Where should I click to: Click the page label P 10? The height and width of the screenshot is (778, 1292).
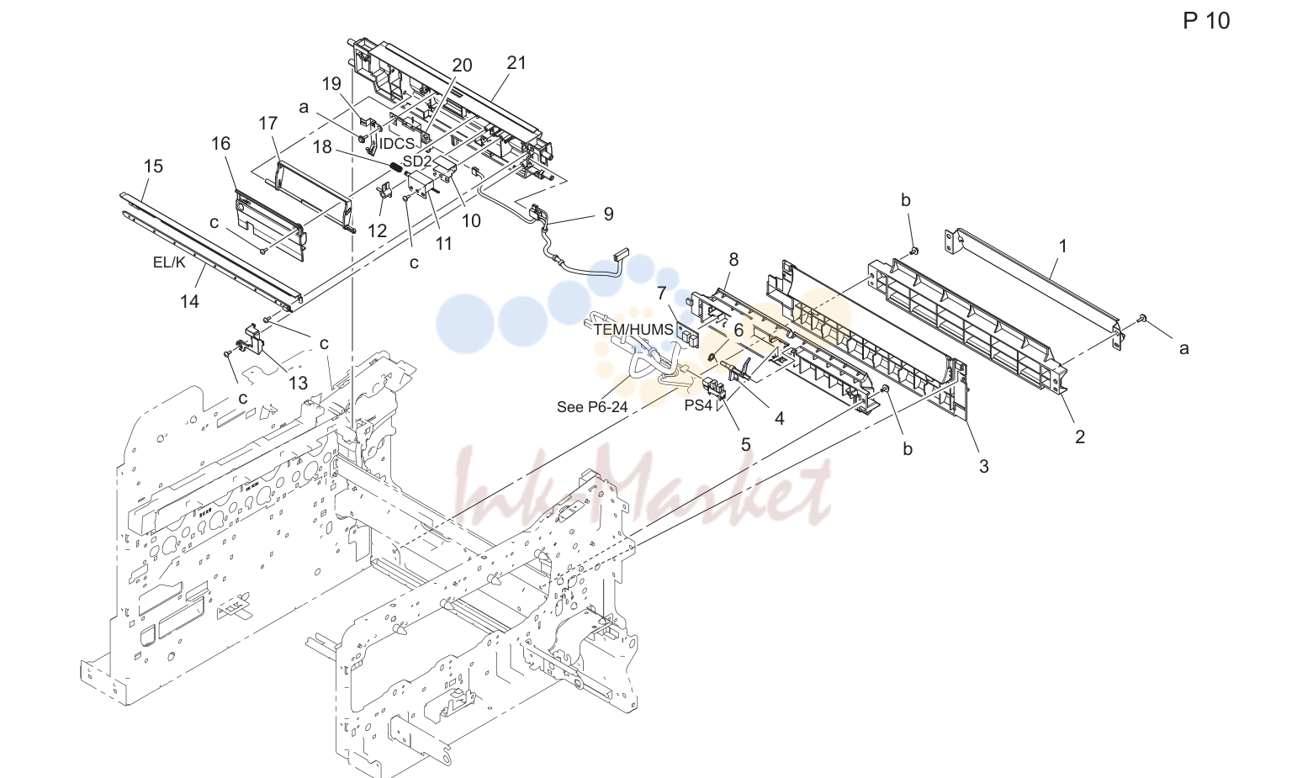click(x=1207, y=21)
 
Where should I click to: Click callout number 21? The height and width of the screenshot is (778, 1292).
click(x=516, y=63)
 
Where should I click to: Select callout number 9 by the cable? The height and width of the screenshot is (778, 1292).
click(x=608, y=214)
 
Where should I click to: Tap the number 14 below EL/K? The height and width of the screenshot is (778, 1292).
click(x=189, y=301)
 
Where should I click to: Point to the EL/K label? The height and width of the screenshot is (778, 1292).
click(x=169, y=262)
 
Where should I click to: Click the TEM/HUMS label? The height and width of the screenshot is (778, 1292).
click(x=634, y=330)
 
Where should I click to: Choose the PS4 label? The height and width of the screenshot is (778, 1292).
click(x=698, y=405)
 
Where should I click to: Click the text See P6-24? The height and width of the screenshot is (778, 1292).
click(x=592, y=407)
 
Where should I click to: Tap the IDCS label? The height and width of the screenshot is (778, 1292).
click(x=397, y=144)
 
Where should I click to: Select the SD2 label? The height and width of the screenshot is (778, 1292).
click(x=416, y=161)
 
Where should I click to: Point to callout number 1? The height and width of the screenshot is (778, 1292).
click(x=1062, y=246)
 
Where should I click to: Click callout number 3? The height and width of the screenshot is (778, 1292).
click(x=983, y=466)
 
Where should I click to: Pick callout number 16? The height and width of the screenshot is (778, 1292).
click(x=221, y=144)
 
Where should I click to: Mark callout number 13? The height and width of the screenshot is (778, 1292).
click(x=299, y=383)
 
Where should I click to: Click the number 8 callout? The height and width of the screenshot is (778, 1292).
click(x=733, y=260)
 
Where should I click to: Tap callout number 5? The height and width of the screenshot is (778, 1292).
click(x=745, y=445)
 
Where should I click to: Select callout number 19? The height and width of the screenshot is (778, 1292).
click(x=331, y=83)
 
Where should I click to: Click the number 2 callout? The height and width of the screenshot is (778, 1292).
click(x=1080, y=437)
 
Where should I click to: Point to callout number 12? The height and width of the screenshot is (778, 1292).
click(x=377, y=230)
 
